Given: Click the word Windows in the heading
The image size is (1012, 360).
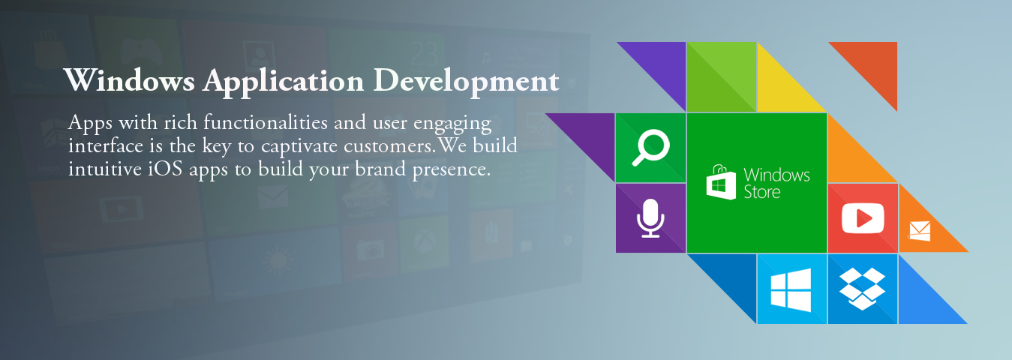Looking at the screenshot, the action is (x=130, y=80).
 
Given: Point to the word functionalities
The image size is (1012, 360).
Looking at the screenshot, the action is (x=266, y=122).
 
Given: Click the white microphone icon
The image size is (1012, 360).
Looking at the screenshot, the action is (x=650, y=218).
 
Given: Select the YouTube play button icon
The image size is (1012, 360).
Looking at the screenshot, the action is (x=863, y=218).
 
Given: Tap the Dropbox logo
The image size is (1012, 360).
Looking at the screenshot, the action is (x=862, y=289).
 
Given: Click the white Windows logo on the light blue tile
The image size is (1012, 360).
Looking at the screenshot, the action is (x=791, y=290).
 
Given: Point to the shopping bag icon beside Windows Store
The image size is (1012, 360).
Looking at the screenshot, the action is (x=721, y=182).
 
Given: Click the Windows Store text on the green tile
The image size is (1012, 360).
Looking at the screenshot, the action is (x=777, y=183).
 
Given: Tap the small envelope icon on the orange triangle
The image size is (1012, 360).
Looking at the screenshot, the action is (x=920, y=231).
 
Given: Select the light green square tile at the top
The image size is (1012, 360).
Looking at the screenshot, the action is (x=722, y=76).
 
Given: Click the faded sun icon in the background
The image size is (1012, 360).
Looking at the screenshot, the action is (x=278, y=261).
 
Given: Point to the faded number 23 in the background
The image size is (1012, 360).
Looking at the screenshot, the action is (x=424, y=54).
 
